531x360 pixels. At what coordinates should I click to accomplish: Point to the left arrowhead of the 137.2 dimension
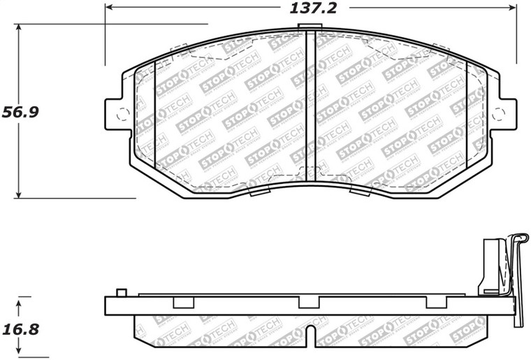click(x=109, y=8)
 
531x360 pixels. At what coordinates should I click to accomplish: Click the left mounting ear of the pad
click(x=116, y=114)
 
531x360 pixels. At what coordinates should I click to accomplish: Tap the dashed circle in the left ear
click(x=122, y=115)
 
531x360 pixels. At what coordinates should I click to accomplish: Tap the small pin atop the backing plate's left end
click(x=121, y=291)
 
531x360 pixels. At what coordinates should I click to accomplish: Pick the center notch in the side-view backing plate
click(x=309, y=302)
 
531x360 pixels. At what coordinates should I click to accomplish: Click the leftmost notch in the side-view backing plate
click(x=182, y=302)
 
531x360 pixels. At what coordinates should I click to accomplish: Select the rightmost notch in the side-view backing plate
click(x=436, y=302)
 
